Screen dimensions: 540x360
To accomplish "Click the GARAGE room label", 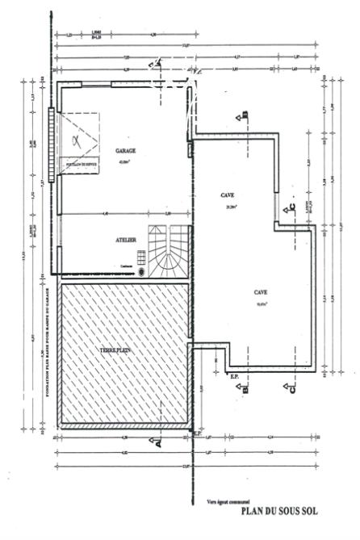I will point(126,151).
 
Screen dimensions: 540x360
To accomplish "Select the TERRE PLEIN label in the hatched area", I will point(115,350).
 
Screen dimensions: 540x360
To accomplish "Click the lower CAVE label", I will point(262,292).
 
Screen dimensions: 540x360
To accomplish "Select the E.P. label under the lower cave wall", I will point(235,377).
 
